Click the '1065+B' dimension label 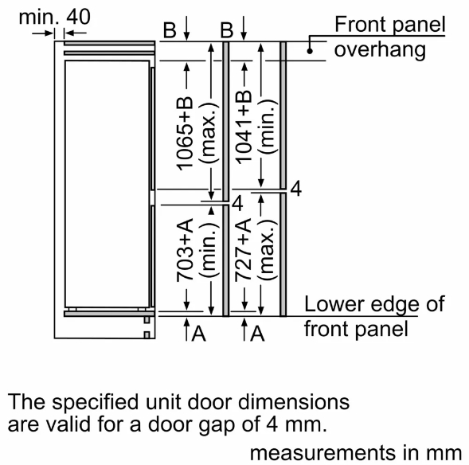tap(185, 134)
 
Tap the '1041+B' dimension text tap(244, 127)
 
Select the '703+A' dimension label tap(185, 250)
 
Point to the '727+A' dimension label tap(243, 250)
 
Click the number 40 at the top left tap(78, 17)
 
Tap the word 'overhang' tap(380, 49)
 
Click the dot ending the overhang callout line tap(310, 51)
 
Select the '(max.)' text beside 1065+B tap(209, 133)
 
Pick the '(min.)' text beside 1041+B tap(267, 127)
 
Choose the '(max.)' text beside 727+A tap(267, 250)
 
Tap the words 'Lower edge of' tap(374, 304)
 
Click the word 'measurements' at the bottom tap(323, 453)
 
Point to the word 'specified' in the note tap(95, 401)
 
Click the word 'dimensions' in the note tap(294, 401)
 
